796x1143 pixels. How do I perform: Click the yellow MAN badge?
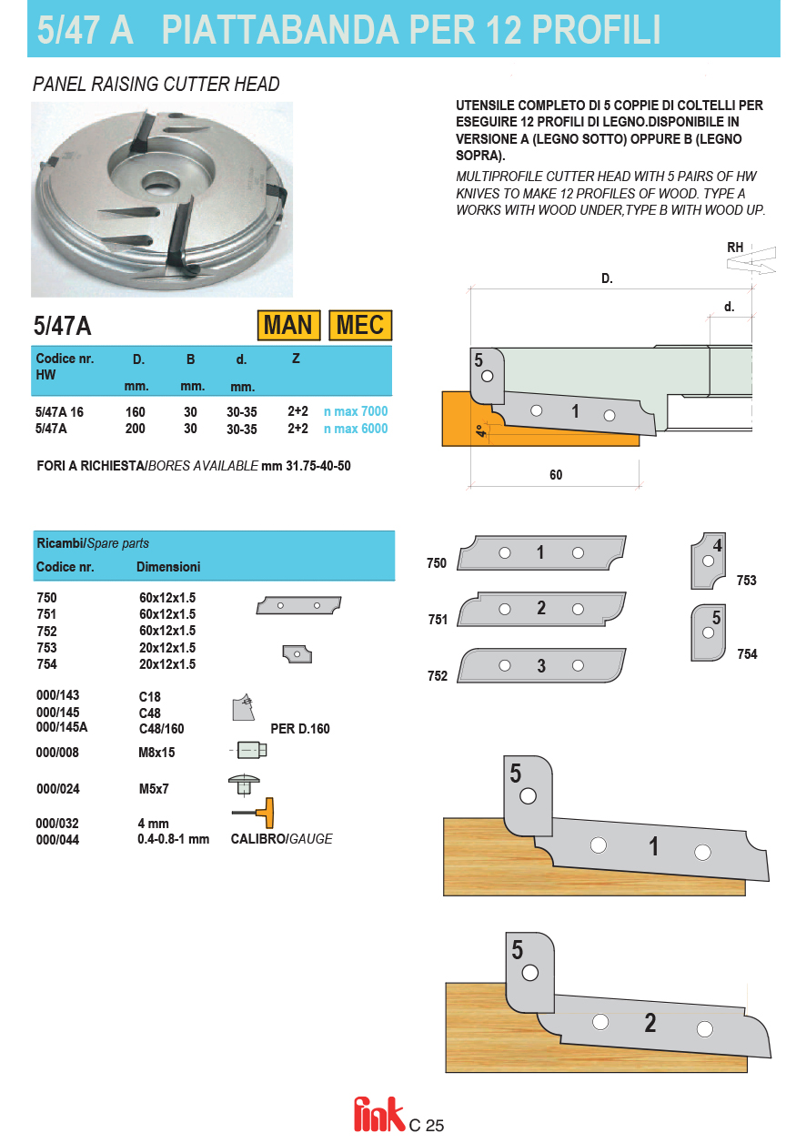pyautogui.click(x=288, y=325)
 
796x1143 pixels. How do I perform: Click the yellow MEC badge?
pyautogui.click(x=360, y=325)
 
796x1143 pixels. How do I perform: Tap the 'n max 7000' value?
pyautogui.click(x=356, y=411)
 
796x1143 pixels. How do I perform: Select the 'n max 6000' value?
pyautogui.click(x=356, y=429)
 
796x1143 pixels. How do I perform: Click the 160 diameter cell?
pyautogui.click(x=135, y=411)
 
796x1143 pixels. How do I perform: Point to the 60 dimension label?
pyautogui.click(x=556, y=475)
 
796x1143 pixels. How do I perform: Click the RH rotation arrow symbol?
pyautogui.click(x=751, y=261)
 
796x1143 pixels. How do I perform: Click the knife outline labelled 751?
pyautogui.click(x=541, y=609)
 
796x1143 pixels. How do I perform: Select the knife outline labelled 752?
pyautogui.click(x=541, y=665)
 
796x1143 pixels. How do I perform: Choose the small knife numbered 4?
pyautogui.click(x=710, y=560)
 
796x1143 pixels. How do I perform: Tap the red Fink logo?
pyautogui.click(x=378, y=1115)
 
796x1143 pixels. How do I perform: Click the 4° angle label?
pyautogui.click(x=479, y=431)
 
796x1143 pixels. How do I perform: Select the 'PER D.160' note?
pyautogui.click(x=300, y=729)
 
